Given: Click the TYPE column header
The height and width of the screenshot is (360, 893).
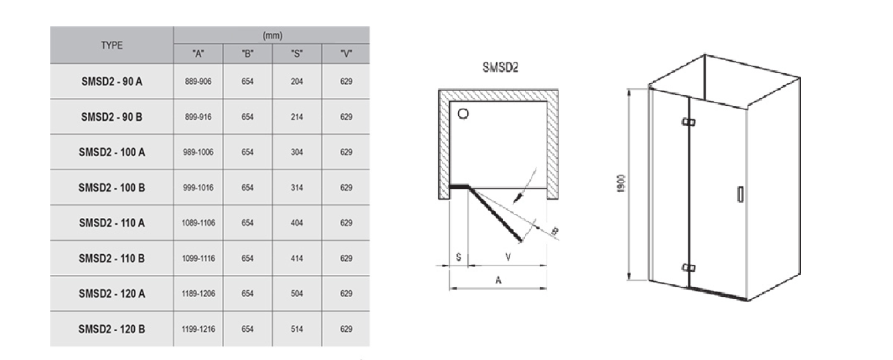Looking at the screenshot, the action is pyautogui.click(x=111, y=46).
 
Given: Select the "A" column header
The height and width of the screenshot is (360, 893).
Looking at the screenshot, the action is pyautogui.click(x=198, y=54).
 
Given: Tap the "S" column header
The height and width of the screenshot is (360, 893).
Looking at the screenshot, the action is pyautogui.click(x=296, y=54).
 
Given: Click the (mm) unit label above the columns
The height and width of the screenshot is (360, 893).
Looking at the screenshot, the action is pyautogui.click(x=272, y=36).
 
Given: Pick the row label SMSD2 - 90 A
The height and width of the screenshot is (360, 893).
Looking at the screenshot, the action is pyautogui.click(x=111, y=81).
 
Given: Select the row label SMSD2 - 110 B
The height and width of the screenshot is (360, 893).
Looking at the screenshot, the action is pyautogui.click(x=111, y=258).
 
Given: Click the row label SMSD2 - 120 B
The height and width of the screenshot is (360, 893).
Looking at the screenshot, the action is pyautogui.click(x=111, y=329).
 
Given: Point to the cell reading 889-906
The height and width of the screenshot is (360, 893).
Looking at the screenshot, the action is pyautogui.click(x=198, y=81).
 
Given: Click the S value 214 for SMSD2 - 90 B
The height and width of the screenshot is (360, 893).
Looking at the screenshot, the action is pyautogui.click(x=296, y=117).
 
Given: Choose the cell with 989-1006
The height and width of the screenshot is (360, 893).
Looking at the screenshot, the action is pyautogui.click(x=198, y=152).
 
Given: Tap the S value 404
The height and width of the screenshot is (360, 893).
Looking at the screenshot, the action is pyautogui.click(x=296, y=223).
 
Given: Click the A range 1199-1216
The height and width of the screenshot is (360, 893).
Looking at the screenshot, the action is pyautogui.click(x=198, y=329).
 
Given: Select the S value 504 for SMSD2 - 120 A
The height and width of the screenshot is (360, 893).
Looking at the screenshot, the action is pyautogui.click(x=296, y=294).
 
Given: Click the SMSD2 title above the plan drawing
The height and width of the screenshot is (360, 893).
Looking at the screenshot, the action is pyautogui.click(x=500, y=68).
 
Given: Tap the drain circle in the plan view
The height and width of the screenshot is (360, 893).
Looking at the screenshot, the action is pyautogui.click(x=463, y=113).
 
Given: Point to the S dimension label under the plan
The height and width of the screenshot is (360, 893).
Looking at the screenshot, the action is pyautogui.click(x=459, y=257).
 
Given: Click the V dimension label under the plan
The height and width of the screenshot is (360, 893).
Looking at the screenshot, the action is pyautogui.click(x=508, y=257).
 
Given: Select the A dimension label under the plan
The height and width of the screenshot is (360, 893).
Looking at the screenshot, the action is pyautogui.click(x=498, y=280).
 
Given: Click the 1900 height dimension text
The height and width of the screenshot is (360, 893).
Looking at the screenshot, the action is pyautogui.click(x=621, y=184).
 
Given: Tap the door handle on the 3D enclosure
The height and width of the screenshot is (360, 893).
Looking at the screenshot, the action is pyautogui.click(x=740, y=194).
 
